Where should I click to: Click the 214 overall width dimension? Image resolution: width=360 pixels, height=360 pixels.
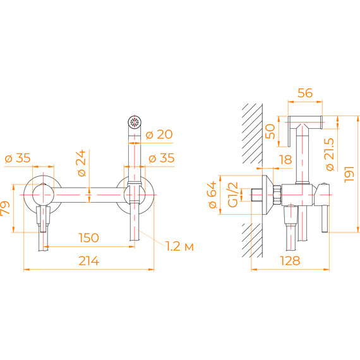[x=88, y=260]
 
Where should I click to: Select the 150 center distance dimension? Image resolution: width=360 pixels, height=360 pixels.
[x=88, y=237]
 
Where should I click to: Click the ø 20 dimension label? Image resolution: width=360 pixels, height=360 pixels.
[x=159, y=135]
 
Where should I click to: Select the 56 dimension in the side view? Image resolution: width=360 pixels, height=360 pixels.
[x=306, y=93]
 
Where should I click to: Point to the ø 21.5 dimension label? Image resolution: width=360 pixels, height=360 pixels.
[x=330, y=153]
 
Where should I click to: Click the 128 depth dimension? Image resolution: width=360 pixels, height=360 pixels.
[x=291, y=260]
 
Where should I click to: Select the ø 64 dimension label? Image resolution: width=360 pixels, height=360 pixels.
[x=212, y=195]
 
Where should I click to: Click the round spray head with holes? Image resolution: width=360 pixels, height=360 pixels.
[x=134, y=122]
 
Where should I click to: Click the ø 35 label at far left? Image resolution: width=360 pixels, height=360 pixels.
[x=17, y=159]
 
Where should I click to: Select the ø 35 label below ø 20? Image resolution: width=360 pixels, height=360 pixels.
[x=159, y=159]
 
